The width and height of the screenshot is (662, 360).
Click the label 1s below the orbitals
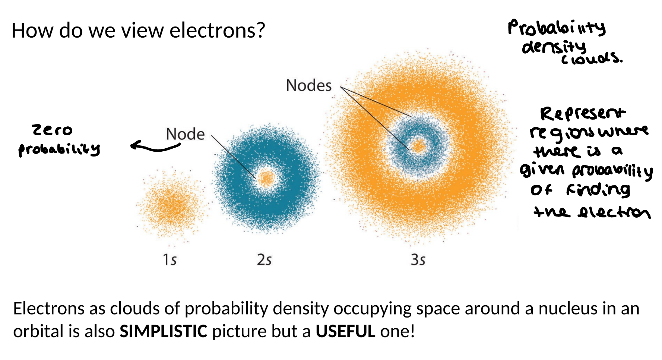coord(170,259)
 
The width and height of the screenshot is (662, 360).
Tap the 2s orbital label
coord(264,259)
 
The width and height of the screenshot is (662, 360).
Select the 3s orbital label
coord(418,259)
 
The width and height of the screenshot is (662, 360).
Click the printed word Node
coord(185,134)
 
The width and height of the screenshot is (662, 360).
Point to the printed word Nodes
coord(308,85)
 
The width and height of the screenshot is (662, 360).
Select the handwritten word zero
coord(52,130)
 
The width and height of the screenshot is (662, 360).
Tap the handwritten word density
coord(554,47)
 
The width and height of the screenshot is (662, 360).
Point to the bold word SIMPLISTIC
coord(163,331)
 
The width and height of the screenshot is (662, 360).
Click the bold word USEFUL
coord(345,331)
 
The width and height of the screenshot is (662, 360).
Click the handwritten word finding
coord(598,190)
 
